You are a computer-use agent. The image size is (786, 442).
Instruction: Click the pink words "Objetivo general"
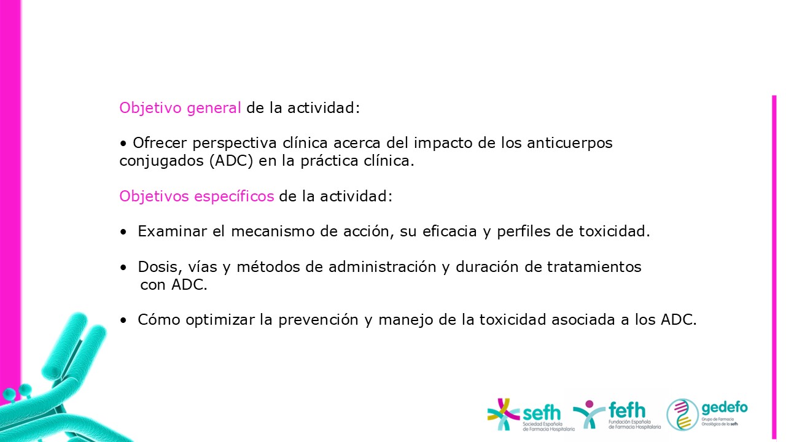(180, 108)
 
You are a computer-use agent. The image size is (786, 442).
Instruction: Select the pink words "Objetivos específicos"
(196, 196)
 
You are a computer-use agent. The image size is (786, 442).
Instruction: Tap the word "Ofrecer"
(159, 143)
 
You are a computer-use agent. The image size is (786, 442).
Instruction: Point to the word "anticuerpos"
(569, 144)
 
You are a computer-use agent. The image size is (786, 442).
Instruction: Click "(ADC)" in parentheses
(232, 161)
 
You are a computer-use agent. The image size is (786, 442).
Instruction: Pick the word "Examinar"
(173, 231)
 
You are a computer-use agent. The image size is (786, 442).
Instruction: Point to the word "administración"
(382, 267)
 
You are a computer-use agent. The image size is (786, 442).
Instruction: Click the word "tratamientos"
(594, 267)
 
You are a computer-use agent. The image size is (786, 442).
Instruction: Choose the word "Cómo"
(159, 320)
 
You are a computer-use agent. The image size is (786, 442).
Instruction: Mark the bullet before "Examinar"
(123, 232)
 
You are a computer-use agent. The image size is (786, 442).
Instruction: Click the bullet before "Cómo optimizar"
(123, 320)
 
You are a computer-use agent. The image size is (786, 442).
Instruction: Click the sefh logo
(531, 414)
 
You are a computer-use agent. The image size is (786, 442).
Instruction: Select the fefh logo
(617, 414)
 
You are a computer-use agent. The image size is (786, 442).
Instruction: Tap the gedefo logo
(707, 414)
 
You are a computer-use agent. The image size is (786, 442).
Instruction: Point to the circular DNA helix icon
(682, 414)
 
